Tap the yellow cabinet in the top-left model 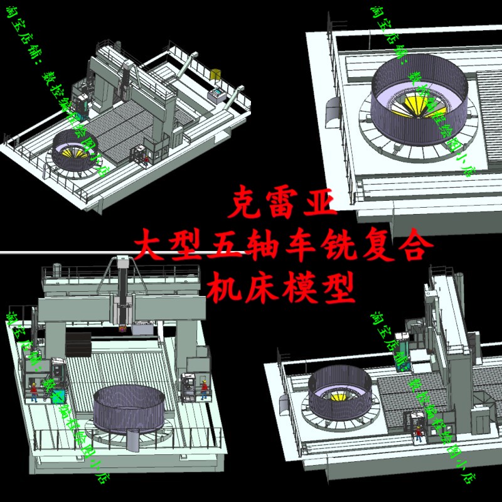tap(217, 75)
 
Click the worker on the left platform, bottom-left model tap(34, 390)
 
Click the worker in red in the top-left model tap(146, 159)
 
